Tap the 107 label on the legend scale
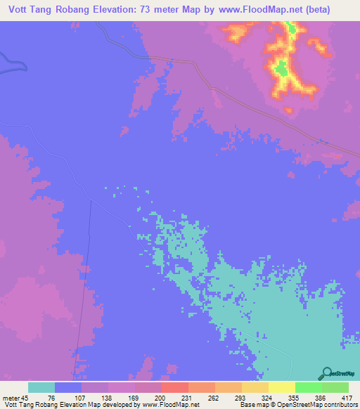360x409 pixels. tap(81, 397)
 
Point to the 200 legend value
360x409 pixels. tap(161, 397)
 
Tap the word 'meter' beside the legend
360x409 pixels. tap(11, 397)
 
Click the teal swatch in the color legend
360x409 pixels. tap(41, 387)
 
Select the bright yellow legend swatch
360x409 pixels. tap(281, 387)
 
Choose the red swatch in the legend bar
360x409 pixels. tap(174, 387)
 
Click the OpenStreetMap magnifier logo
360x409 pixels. tap(326, 373)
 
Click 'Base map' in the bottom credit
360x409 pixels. tap(252, 405)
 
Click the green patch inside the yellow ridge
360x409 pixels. tap(281, 68)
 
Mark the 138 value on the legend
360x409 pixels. tap(108, 397)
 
